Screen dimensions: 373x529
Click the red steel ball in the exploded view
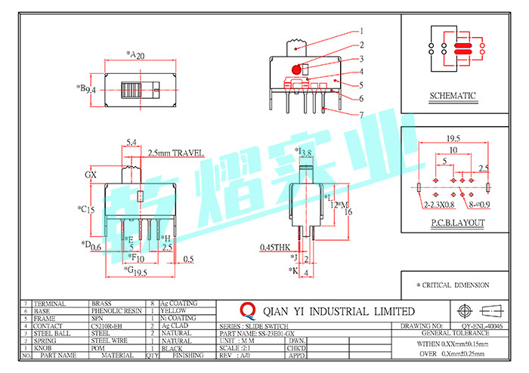tap(295, 69)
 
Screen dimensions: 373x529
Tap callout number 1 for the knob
tap(362, 31)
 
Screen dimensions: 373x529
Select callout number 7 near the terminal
tap(362, 116)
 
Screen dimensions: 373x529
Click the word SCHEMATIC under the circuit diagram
tap(453, 96)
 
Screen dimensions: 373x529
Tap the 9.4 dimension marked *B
tap(91, 90)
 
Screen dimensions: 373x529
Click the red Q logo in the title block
tap(248, 310)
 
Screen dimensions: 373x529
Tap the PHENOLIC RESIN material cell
tap(116, 310)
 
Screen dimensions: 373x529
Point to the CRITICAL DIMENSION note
tap(455, 285)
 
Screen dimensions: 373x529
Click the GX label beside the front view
tap(91, 174)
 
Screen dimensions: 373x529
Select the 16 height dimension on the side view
tap(348, 213)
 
